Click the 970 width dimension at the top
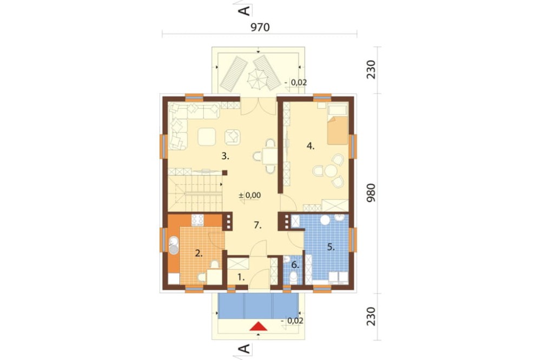260,27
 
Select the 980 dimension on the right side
371,193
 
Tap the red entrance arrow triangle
259,326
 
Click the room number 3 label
225,156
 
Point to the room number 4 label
311,146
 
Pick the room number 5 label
331,247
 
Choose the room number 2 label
199,254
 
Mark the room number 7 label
258,225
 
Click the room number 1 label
241,277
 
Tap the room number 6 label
295,265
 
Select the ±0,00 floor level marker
250,195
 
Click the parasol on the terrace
258,79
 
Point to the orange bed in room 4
338,130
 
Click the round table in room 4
331,170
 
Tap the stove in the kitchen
197,220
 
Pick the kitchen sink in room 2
174,245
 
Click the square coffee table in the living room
207,137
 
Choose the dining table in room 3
269,156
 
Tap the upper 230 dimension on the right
371,70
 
